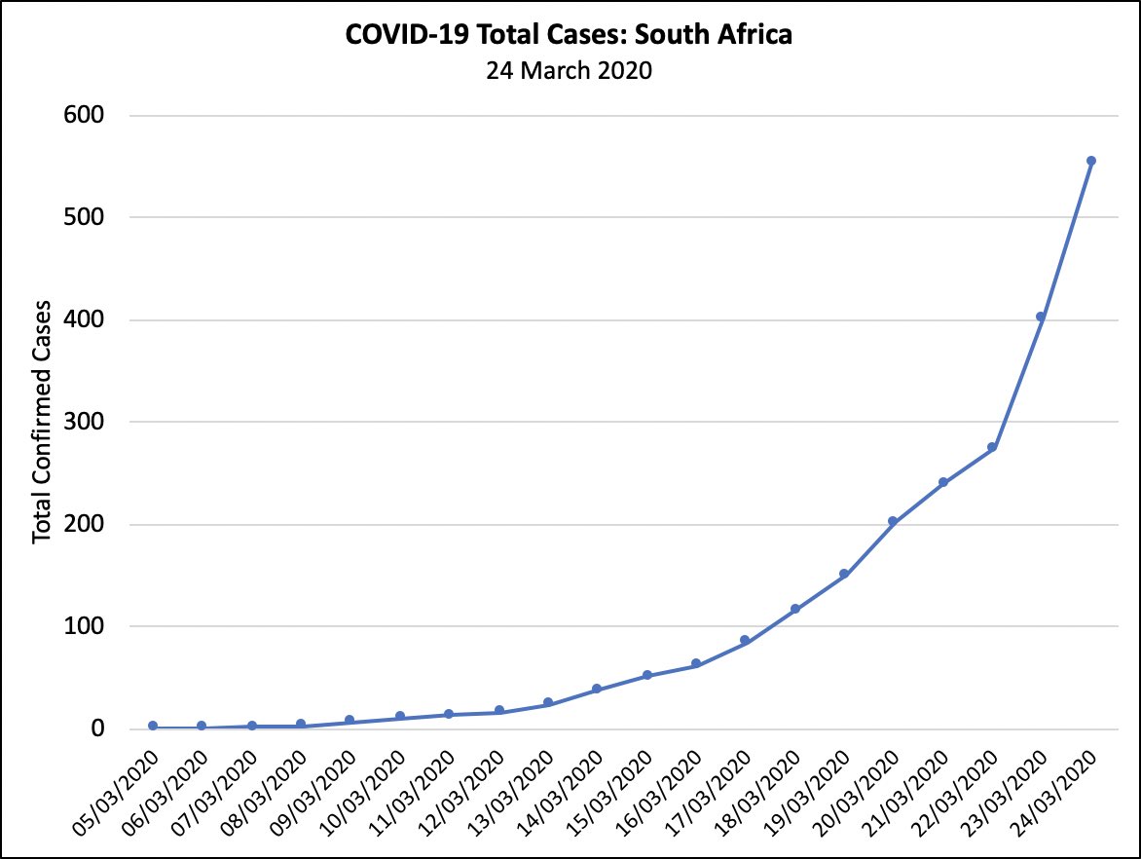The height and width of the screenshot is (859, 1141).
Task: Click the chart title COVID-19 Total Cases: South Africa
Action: [570, 36]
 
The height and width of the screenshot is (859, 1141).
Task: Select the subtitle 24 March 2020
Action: [570, 71]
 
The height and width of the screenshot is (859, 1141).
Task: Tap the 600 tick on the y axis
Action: [84, 115]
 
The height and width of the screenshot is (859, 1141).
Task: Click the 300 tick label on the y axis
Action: [84, 422]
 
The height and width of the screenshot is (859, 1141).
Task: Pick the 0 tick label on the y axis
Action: [96, 728]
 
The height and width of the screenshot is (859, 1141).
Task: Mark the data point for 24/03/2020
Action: [1091, 161]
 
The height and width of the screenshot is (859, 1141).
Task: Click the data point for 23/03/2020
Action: [1041, 317]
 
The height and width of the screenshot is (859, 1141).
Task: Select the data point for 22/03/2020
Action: [992, 447]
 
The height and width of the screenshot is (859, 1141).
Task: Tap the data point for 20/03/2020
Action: [893, 521]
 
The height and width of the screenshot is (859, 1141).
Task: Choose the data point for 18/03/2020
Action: [794, 609]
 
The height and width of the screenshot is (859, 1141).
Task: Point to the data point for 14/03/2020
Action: [597, 689]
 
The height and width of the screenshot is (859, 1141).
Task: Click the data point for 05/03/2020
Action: [153, 726]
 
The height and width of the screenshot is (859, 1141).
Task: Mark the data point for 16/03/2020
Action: [696, 664]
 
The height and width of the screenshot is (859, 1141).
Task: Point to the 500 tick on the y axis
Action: [84, 217]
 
